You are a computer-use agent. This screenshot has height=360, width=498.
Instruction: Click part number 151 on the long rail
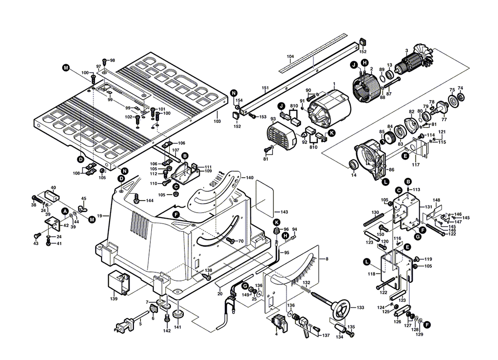(x=265, y=88)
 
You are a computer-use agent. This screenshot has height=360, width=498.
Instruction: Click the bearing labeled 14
(x=353, y=164)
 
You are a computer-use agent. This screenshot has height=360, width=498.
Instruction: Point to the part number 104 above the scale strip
(x=290, y=56)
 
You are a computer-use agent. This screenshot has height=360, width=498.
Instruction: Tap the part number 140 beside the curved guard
(x=249, y=178)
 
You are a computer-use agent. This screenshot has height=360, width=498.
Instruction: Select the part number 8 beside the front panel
(x=327, y=259)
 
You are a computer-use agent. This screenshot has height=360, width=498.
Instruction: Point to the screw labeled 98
(x=112, y=60)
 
